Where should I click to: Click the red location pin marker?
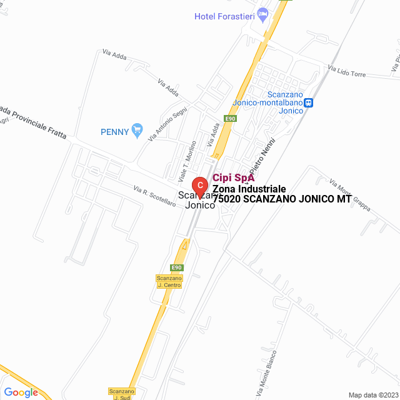pos(199,186)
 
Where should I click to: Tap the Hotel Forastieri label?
pos(224,16)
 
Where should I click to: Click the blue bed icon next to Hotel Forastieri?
pos(263,13)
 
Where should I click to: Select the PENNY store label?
pos(114,131)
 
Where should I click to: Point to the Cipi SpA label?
pos(234,177)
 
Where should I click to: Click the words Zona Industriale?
pos(249,189)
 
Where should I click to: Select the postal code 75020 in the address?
pos(227,199)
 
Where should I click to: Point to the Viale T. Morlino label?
pos(188,158)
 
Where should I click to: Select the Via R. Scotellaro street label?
pos(154,197)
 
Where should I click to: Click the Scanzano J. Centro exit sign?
pos(169,281)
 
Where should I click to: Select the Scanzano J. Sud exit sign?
pos(121,394)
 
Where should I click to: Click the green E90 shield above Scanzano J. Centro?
pos(177,267)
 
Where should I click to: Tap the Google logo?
pos(21,392)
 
